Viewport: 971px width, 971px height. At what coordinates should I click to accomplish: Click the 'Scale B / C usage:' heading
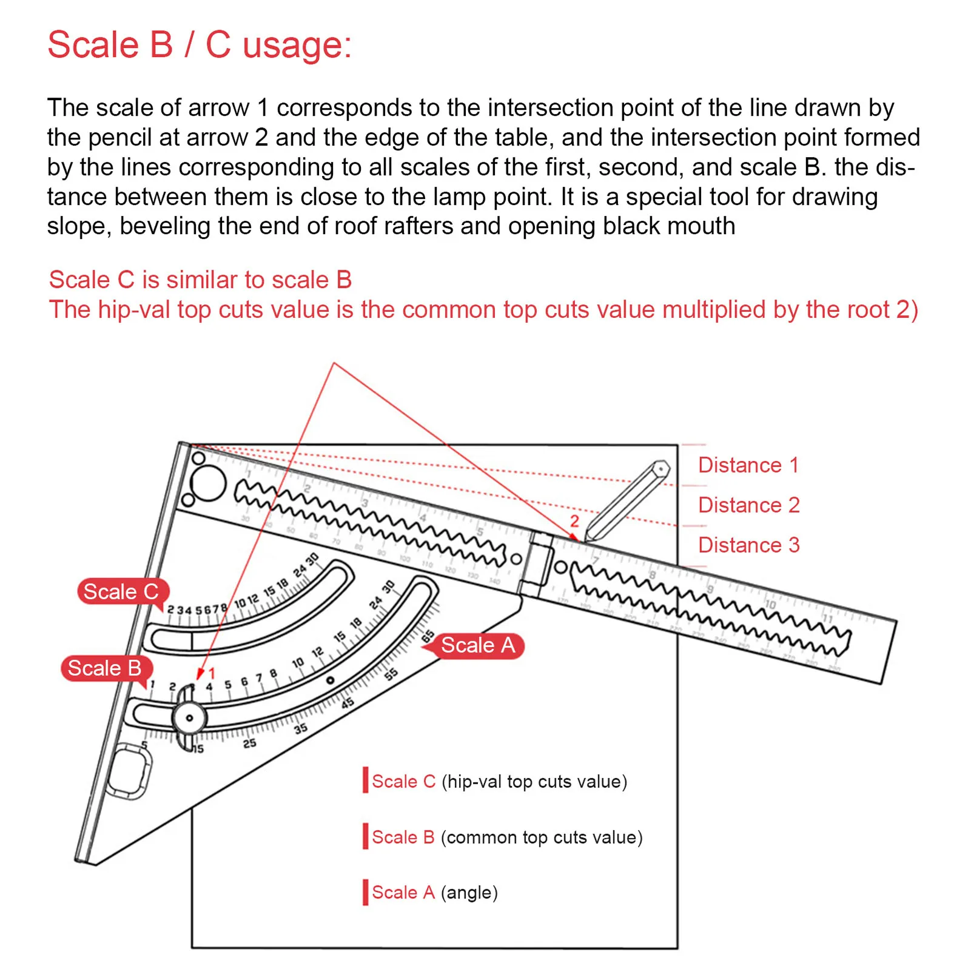click(x=200, y=45)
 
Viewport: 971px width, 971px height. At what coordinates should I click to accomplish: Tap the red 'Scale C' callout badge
click(x=121, y=591)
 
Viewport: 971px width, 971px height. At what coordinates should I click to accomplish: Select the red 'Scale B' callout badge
click(x=105, y=668)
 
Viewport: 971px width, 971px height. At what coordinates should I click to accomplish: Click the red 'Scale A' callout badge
click(x=477, y=645)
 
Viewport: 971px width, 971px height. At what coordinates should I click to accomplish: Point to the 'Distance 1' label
click(x=748, y=465)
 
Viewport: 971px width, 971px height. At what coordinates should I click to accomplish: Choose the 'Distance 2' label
click(x=748, y=505)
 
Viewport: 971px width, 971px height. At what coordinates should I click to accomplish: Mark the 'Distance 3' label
click(x=748, y=545)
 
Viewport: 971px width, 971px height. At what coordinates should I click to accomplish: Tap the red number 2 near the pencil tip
click(x=574, y=521)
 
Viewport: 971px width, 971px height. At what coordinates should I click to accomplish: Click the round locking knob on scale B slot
click(x=189, y=718)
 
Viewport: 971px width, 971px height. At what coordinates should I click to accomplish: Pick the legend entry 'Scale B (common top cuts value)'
click(x=506, y=837)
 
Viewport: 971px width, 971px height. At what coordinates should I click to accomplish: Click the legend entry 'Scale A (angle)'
click(x=434, y=892)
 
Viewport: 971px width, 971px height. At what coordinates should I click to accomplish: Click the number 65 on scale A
click(x=428, y=636)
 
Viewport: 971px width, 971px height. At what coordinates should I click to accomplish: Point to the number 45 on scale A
click(x=347, y=703)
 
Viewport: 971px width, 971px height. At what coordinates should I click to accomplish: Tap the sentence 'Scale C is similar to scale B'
click(x=200, y=280)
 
